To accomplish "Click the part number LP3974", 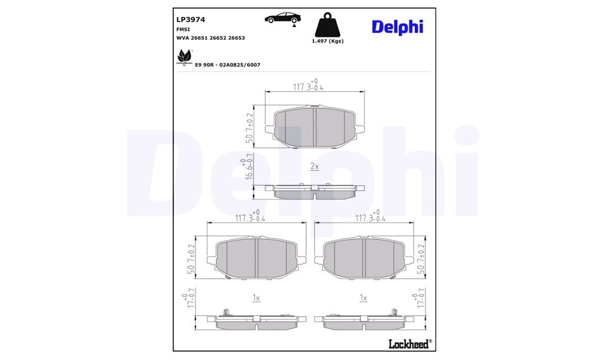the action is click(190, 19).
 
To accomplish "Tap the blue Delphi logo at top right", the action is click(398, 27).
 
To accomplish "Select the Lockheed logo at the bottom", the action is click(410, 344).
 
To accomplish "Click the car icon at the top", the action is click(282, 18).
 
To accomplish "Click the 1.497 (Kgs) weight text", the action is click(328, 41).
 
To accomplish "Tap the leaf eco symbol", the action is click(184, 57).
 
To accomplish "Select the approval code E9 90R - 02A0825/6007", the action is click(228, 65).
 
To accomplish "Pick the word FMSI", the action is click(183, 29).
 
